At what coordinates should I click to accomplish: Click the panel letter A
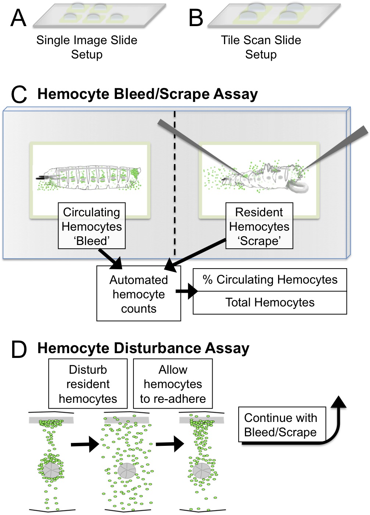[18, 18]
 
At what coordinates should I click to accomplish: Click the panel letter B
[196, 18]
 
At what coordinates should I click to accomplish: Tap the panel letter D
[19, 349]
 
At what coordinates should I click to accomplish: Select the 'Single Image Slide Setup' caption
[87, 47]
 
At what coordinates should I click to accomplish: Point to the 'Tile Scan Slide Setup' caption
[261, 47]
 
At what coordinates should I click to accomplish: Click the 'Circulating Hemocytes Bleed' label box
[92, 226]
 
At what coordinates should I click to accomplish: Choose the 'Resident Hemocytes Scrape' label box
[259, 226]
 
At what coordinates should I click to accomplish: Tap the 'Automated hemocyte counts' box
[139, 294]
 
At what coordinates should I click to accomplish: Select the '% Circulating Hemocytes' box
[270, 280]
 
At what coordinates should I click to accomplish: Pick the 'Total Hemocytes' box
[270, 303]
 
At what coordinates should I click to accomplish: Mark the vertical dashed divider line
[175, 184]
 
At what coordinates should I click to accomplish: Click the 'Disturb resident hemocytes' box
[88, 384]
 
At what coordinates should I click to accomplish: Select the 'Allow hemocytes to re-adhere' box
[173, 384]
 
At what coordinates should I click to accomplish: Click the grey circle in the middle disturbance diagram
[127, 470]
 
